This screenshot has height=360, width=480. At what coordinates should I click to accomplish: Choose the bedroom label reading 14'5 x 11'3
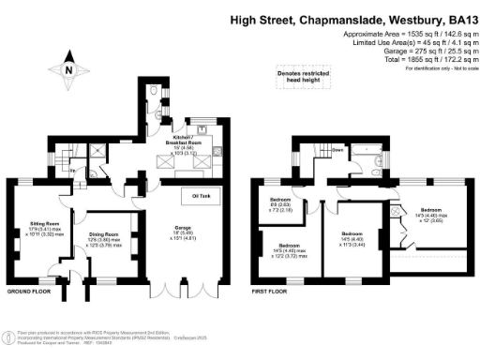pos(352,237)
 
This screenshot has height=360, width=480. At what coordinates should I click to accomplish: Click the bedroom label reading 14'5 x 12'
pos(430,215)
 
